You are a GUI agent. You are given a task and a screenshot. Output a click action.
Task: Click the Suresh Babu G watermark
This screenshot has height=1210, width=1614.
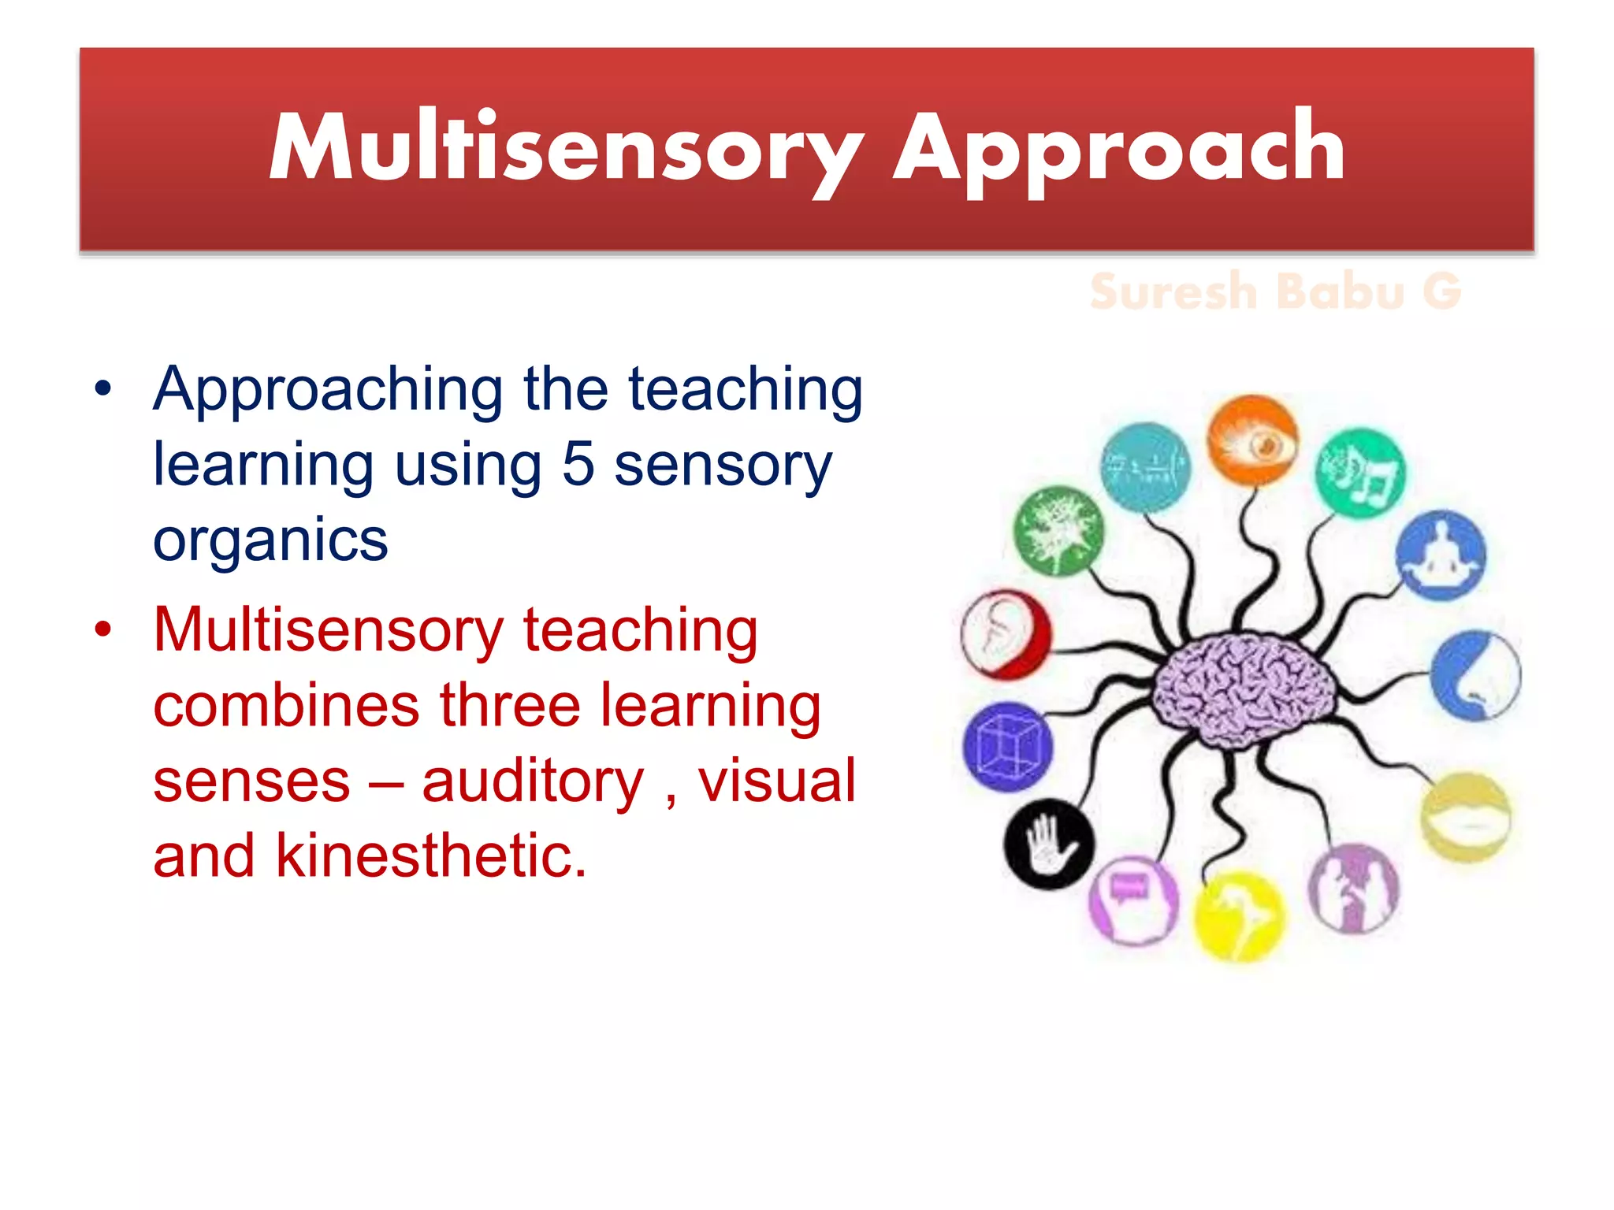point(1275,291)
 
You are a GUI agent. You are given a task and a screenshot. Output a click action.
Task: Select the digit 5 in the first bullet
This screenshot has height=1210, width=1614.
point(578,464)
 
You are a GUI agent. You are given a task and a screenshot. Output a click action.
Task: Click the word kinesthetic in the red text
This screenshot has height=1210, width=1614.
point(430,856)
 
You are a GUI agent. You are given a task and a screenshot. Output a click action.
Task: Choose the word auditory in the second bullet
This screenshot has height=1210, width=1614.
point(533,781)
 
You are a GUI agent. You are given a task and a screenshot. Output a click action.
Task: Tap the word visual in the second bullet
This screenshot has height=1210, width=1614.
point(776,781)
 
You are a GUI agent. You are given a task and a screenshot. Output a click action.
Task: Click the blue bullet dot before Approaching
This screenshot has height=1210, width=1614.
point(103,389)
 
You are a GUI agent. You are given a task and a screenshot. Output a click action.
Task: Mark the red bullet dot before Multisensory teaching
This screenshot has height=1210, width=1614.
point(103,629)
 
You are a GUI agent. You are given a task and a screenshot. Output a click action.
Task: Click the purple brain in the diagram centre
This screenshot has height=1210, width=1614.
point(1244,688)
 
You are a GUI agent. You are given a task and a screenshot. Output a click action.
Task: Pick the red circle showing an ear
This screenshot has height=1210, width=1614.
point(1005,634)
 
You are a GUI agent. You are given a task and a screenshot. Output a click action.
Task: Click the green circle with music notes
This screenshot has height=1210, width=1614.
point(1360,473)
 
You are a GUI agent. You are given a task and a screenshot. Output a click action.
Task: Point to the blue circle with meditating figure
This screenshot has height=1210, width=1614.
point(1441,555)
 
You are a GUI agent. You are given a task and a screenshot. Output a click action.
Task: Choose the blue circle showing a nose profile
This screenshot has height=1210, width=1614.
point(1475,675)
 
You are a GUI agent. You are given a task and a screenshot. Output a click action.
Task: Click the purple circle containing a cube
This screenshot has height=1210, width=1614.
point(1007,747)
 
